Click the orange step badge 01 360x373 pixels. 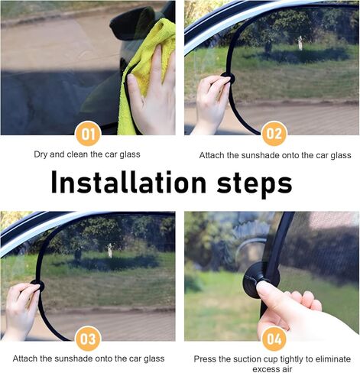click(87, 135)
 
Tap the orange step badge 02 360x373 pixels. click(273, 135)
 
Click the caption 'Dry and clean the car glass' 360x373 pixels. click(87, 154)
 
